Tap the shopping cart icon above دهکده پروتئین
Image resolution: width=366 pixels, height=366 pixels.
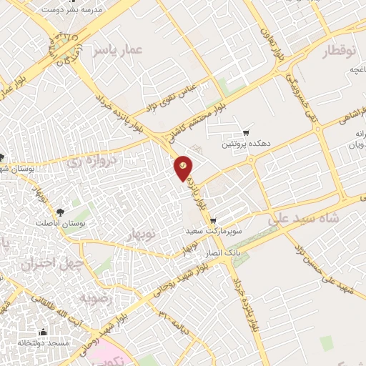(247, 133)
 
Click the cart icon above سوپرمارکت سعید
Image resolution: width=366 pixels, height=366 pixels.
(222, 221)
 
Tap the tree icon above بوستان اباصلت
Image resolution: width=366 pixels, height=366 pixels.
(60, 212)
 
